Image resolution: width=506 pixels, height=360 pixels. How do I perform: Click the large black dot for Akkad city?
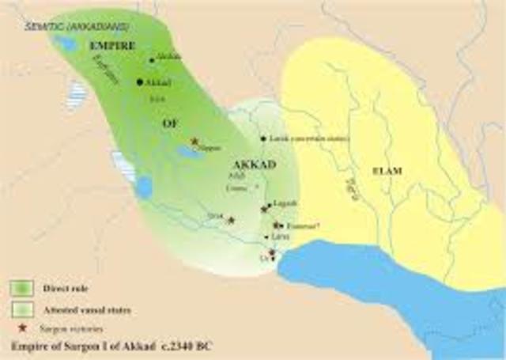140,81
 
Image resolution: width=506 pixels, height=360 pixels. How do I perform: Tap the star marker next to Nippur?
194,141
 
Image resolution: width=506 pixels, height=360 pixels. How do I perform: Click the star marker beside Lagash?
265,210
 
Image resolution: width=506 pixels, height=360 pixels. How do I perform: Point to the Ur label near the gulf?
265,257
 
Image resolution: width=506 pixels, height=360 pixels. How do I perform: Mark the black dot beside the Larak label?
263,138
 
